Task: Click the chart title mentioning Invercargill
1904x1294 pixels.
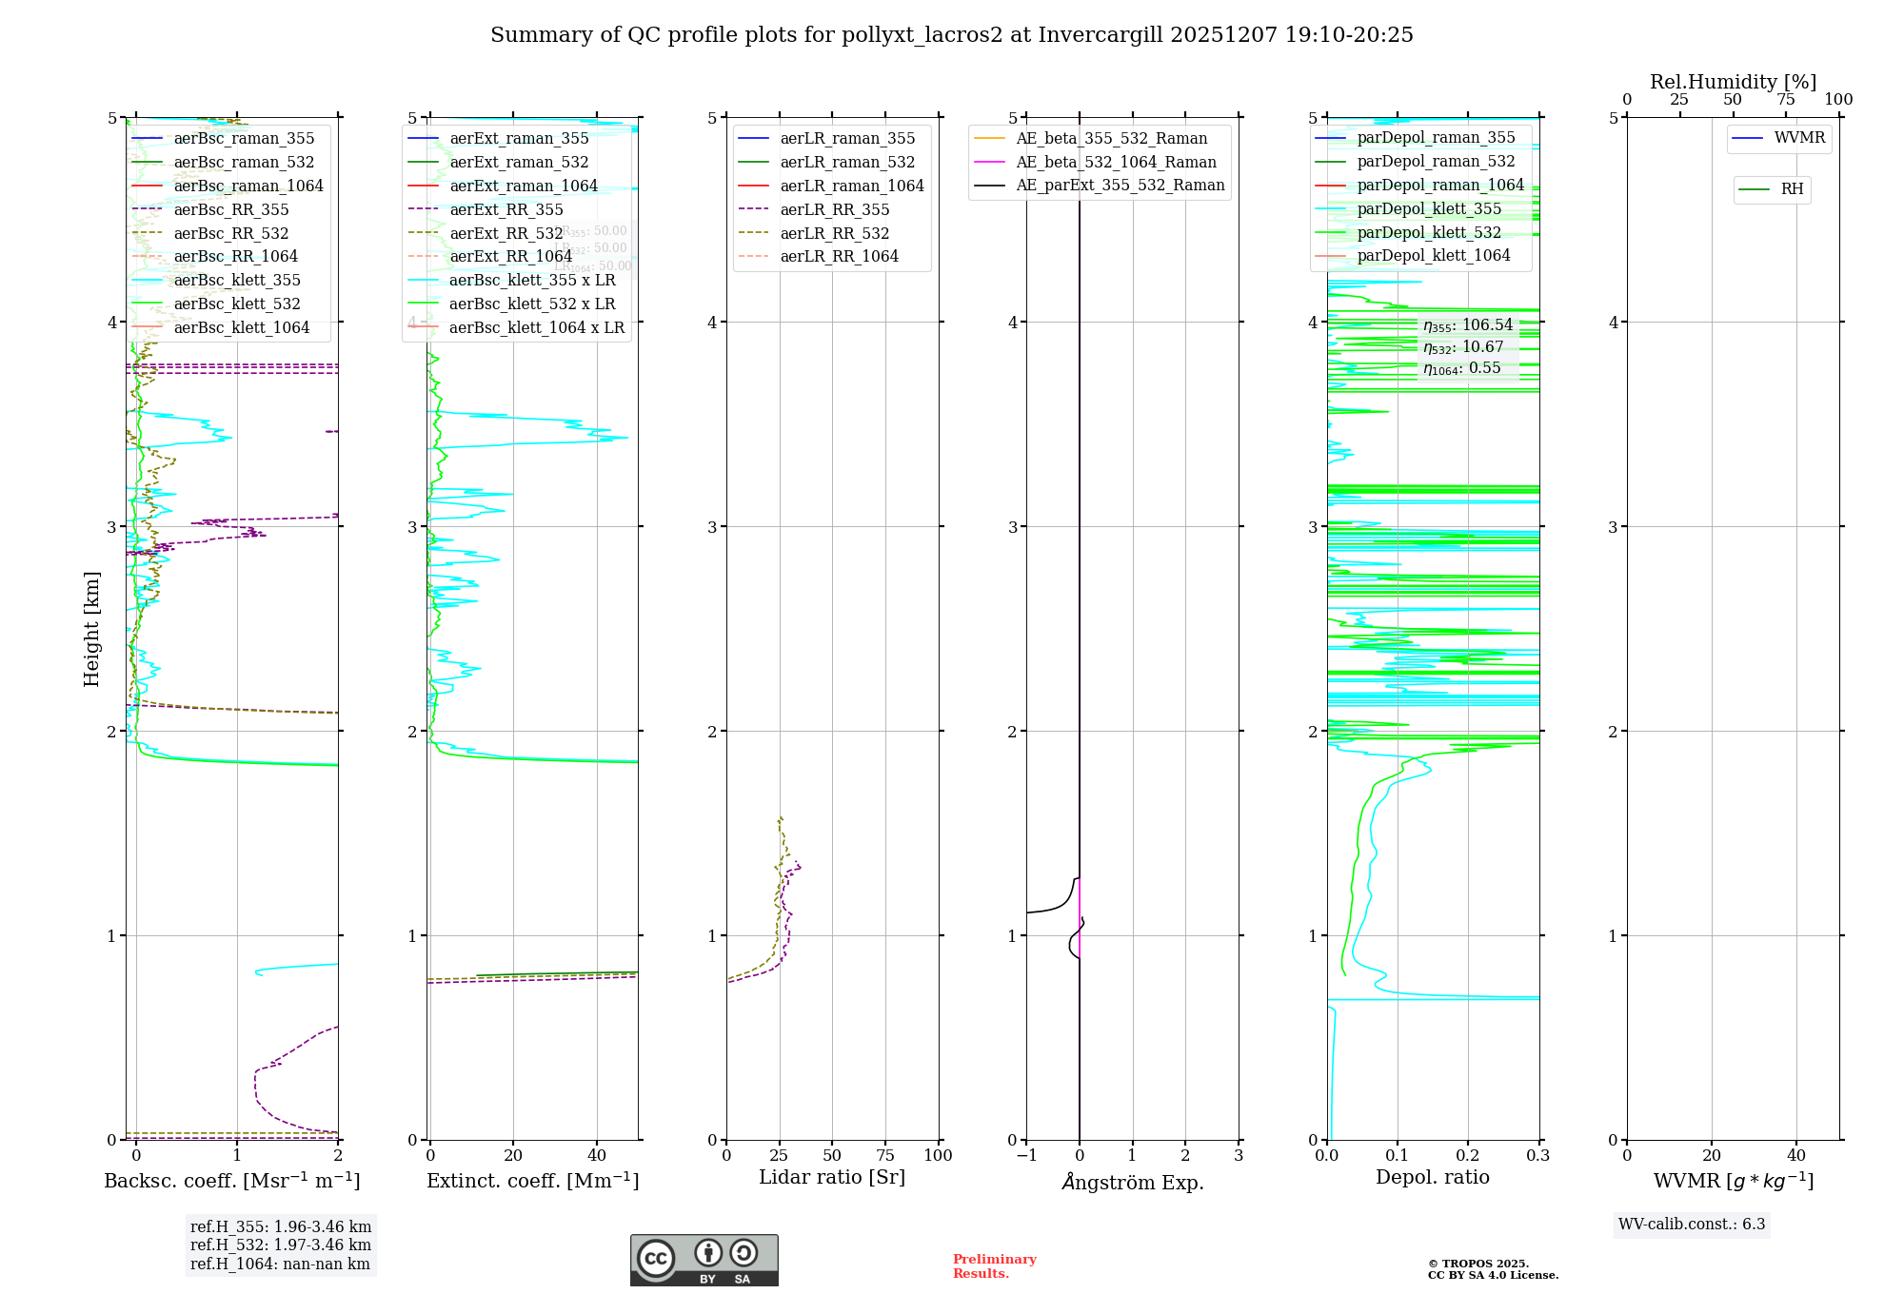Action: (951, 35)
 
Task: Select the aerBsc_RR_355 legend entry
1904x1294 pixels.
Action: (230, 209)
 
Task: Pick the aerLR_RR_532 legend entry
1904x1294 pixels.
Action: (834, 233)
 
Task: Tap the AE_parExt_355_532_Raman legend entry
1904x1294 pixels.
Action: (1120, 185)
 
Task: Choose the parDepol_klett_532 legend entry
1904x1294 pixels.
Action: (1428, 232)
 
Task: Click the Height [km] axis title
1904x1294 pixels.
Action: (91, 628)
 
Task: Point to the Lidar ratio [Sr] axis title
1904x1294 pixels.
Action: (831, 1177)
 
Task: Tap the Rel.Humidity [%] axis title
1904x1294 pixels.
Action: (1733, 82)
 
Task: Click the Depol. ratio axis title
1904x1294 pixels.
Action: (1432, 1177)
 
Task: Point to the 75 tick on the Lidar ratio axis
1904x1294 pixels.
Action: (885, 1155)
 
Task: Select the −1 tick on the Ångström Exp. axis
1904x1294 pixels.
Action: (1026, 1155)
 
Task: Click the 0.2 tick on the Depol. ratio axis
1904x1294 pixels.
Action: (1468, 1155)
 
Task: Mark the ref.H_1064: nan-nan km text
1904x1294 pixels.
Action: (280, 1264)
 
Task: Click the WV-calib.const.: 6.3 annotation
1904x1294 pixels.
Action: (1692, 1224)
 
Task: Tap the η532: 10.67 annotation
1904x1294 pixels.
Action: (1463, 347)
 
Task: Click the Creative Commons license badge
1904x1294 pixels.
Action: (704, 1260)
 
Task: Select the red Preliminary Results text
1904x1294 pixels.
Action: (994, 1265)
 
